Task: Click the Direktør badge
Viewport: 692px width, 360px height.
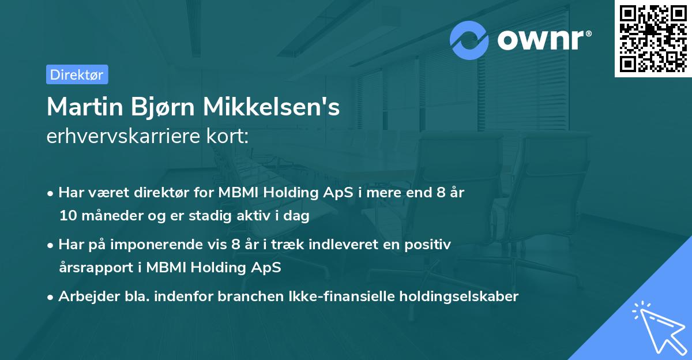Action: (x=77, y=74)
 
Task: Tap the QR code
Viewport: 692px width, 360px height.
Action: (x=653, y=38)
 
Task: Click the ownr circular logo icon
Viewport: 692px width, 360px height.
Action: (x=469, y=40)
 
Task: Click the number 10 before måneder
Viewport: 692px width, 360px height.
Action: (x=67, y=216)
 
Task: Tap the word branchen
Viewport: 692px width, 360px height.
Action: (x=253, y=297)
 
